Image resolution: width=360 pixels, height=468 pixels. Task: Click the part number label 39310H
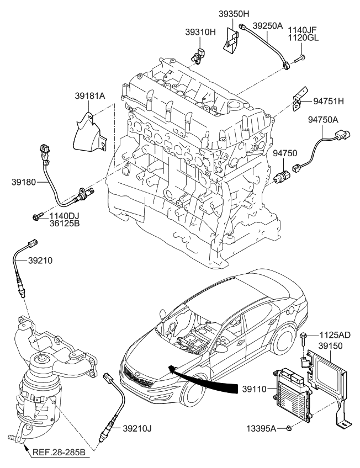coord(200,32)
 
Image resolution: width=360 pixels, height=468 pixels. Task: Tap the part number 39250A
coord(268,25)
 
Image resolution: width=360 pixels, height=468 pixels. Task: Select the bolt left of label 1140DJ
coord(38,215)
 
